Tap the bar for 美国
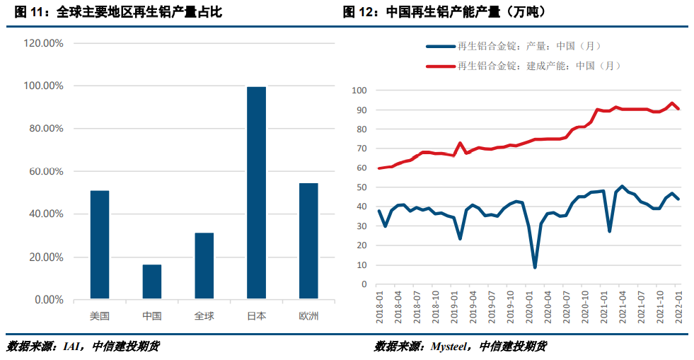(100, 245)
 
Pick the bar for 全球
(204, 266)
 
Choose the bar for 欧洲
(308, 240)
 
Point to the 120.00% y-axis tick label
(44, 43)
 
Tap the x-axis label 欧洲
(308, 316)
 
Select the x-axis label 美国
(100, 316)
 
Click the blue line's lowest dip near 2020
(535, 267)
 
